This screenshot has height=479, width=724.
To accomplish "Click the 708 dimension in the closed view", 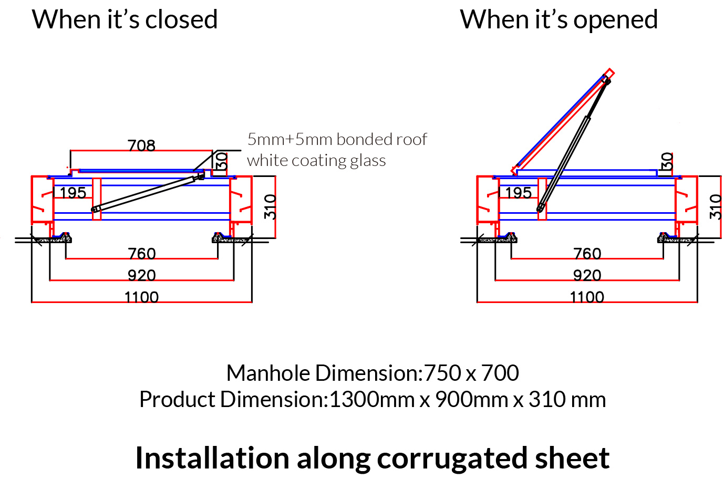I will (x=141, y=145).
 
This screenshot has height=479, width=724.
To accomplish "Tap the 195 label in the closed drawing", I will (x=73, y=193).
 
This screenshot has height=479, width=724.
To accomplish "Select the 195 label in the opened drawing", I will (x=518, y=193).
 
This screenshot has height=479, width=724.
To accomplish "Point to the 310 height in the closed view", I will (x=270, y=206).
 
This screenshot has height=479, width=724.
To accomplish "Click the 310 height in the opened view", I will (x=715, y=206).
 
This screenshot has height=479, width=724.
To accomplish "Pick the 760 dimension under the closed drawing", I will (x=142, y=254).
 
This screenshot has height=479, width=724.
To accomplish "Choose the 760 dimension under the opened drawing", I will (x=587, y=254).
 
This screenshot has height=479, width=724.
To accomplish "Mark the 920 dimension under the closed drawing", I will (x=142, y=275).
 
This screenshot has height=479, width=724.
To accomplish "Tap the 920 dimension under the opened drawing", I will (x=587, y=275).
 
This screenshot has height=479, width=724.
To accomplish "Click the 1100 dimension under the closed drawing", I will (x=142, y=297).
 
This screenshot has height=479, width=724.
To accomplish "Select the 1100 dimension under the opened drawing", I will (x=587, y=297).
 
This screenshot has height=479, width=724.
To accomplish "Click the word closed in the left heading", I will (x=181, y=20).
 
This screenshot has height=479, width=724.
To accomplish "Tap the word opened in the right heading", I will (x=615, y=20).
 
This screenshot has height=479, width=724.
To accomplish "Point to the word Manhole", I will (x=268, y=373).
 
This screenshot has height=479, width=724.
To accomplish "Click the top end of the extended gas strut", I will (x=607, y=80).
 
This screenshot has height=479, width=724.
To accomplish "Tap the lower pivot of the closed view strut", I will (x=95, y=210).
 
